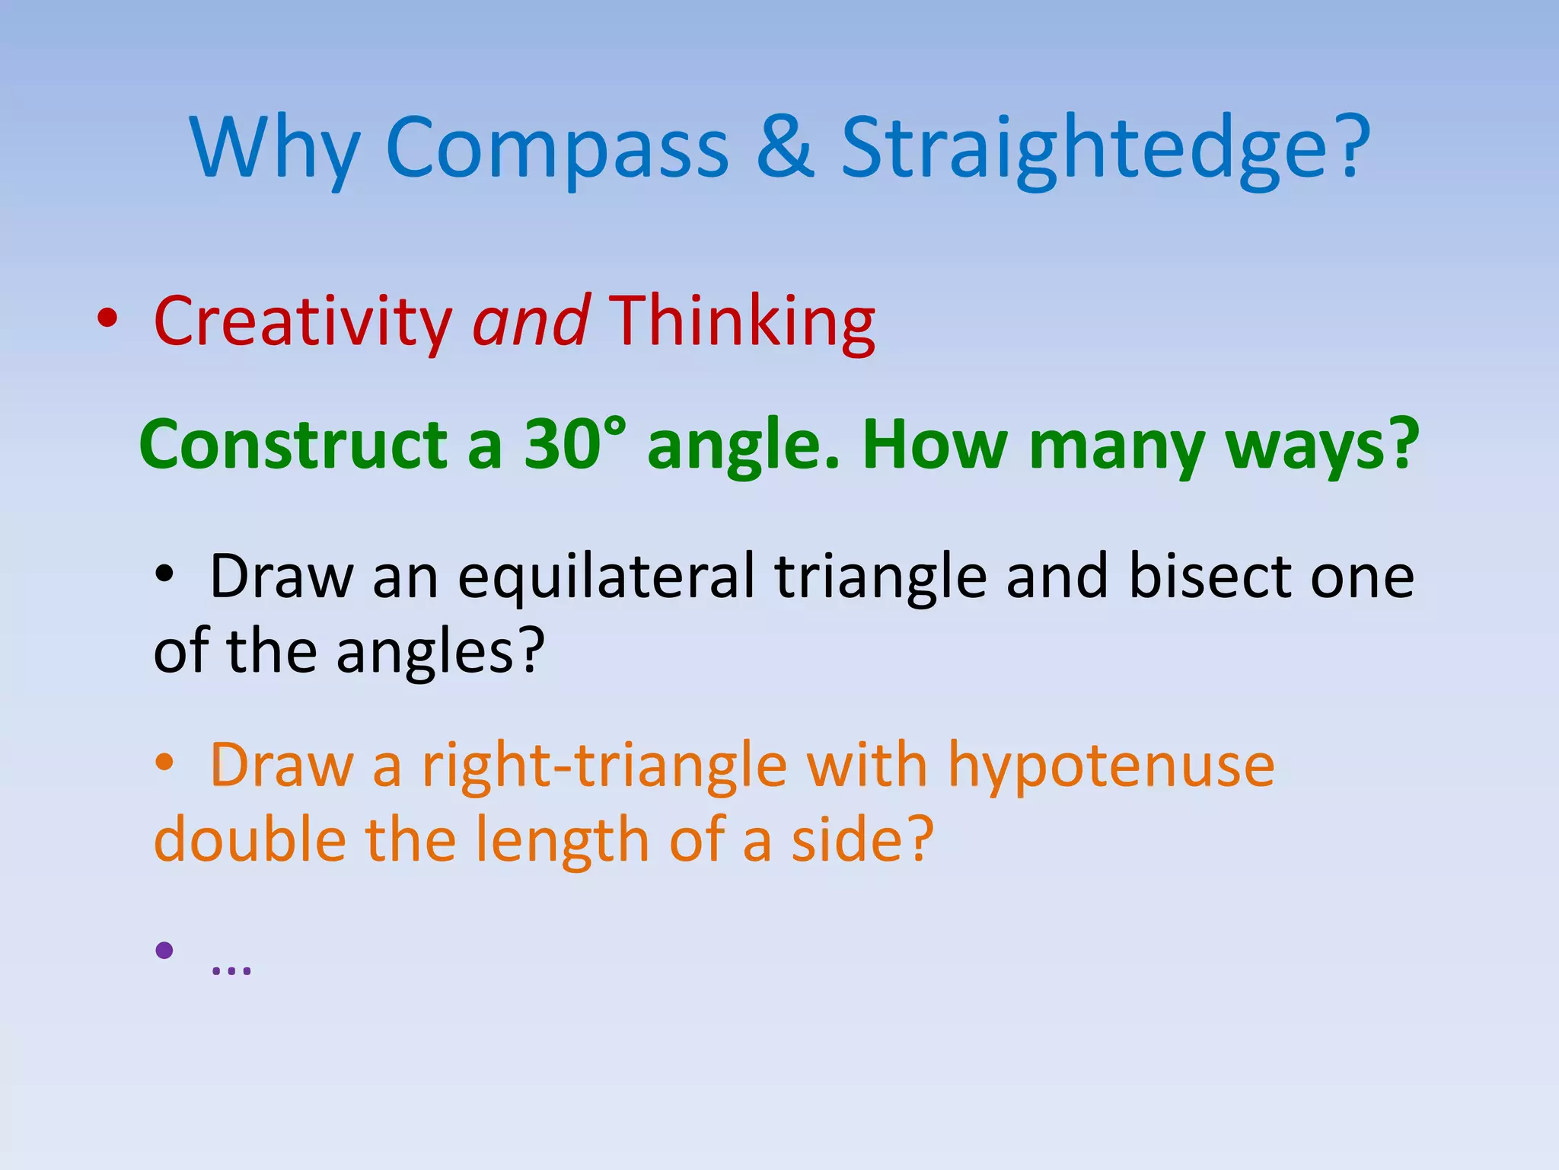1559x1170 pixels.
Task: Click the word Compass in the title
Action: pyautogui.click(x=557, y=149)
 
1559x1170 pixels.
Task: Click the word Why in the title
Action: pyautogui.click(x=274, y=149)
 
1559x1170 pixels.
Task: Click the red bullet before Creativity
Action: pyautogui.click(x=107, y=319)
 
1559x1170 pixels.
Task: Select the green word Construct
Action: pyautogui.click(x=293, y=445)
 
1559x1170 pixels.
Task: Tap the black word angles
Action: pyautogui.click(x=440, y=652)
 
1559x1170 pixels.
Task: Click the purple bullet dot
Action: pyautogui.click(x=164, y=950)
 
